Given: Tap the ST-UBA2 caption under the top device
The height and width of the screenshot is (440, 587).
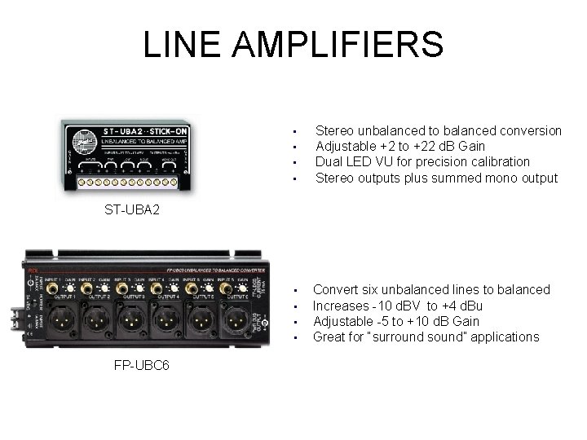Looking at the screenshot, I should coord(132,209).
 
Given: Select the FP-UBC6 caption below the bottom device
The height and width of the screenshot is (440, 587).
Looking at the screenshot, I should coord(142,363).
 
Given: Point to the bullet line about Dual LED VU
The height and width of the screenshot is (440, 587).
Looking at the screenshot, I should coord(422,161).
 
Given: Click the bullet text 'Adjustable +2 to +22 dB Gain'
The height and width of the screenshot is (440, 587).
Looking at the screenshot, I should coord(399,146).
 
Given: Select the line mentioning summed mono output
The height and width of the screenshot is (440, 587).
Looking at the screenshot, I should coord(436,178).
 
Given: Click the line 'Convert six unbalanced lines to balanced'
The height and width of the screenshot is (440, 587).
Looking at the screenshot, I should coord(431,289).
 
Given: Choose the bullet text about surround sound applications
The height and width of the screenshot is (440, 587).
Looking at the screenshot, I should coord(426,337).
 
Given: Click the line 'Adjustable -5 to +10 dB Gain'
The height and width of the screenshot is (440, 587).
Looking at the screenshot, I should coord(396,321).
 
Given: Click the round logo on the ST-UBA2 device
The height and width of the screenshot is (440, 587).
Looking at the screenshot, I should coord(82,136).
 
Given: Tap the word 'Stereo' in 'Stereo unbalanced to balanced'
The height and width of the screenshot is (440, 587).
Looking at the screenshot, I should coord(333,130).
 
